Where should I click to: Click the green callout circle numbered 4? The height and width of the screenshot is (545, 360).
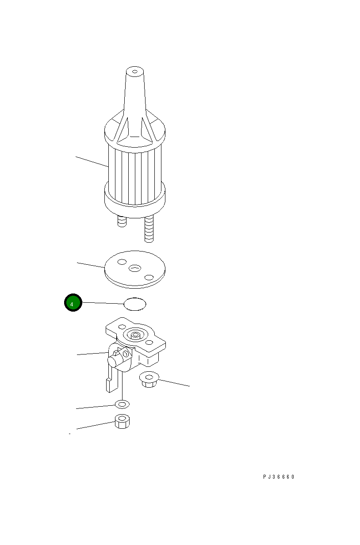(x=73, y=303)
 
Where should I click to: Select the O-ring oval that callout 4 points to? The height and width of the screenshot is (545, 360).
(x=134, y=304)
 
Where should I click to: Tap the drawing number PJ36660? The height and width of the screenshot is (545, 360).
(x=279, y=477)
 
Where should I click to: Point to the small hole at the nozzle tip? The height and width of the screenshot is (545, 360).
(x=134, y=71)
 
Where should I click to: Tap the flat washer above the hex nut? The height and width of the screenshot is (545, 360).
(x=122, y=404)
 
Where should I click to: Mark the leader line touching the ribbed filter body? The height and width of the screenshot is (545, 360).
(x=92, y=161)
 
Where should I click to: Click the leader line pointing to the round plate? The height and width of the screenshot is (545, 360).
(x=91, y=265)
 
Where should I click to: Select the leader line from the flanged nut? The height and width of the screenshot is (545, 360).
(x=175, y=383)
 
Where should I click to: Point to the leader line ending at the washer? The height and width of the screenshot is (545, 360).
(x=96, y=407)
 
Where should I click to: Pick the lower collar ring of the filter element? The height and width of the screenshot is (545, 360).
(x=134, y=199)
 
